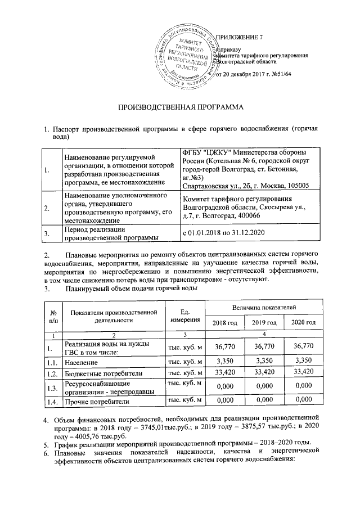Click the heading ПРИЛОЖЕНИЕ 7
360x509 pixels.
[239, 37]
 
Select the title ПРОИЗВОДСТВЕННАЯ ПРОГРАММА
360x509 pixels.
[180, 106]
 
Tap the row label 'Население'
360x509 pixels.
[82, 364]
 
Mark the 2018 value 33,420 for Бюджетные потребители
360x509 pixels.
[224, 373]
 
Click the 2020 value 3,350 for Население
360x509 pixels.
[303, 363]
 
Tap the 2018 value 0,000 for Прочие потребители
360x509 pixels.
[224, 401]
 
